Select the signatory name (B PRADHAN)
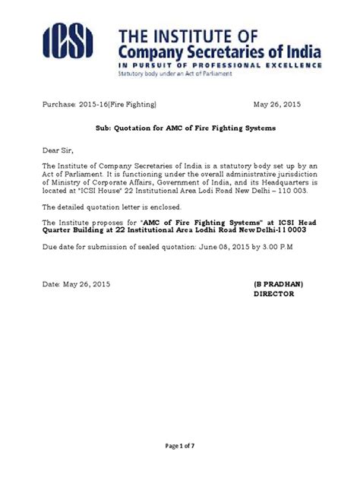click(278, 283)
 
